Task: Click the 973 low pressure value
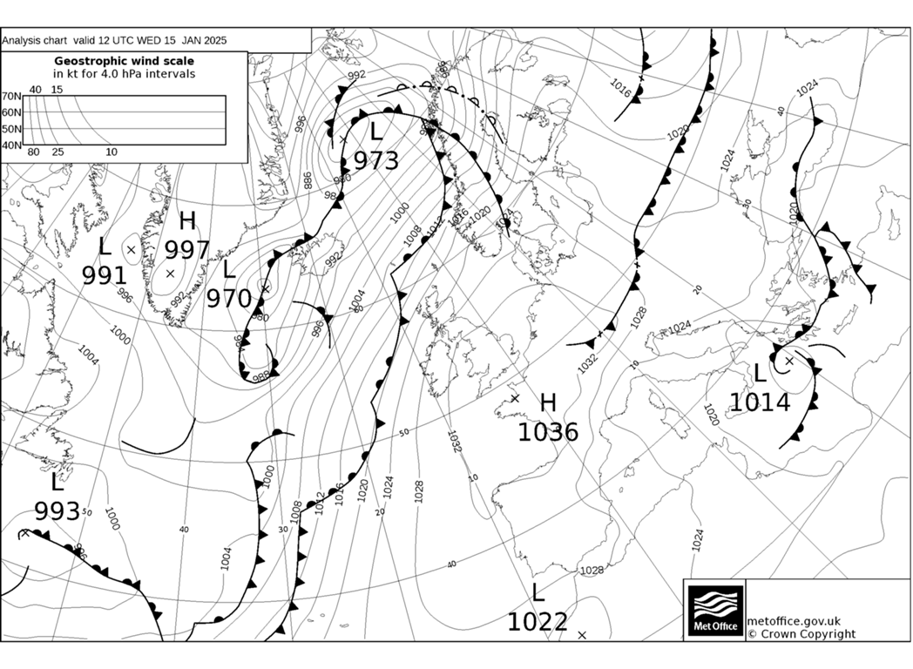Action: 375,161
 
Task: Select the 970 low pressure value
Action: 228,299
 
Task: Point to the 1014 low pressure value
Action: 760,402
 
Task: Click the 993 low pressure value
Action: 57,510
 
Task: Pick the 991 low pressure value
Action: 105,275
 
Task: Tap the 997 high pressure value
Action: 188,251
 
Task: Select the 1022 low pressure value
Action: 538,622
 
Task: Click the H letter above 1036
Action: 548,402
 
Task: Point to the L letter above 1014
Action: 760,374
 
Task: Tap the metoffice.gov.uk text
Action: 794,620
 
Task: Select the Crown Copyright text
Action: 801,634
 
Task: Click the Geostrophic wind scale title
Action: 125,61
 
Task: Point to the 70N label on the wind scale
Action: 11,97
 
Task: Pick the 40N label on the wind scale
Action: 11,145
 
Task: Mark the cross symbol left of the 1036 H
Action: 515,398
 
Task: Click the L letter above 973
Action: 375,132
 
